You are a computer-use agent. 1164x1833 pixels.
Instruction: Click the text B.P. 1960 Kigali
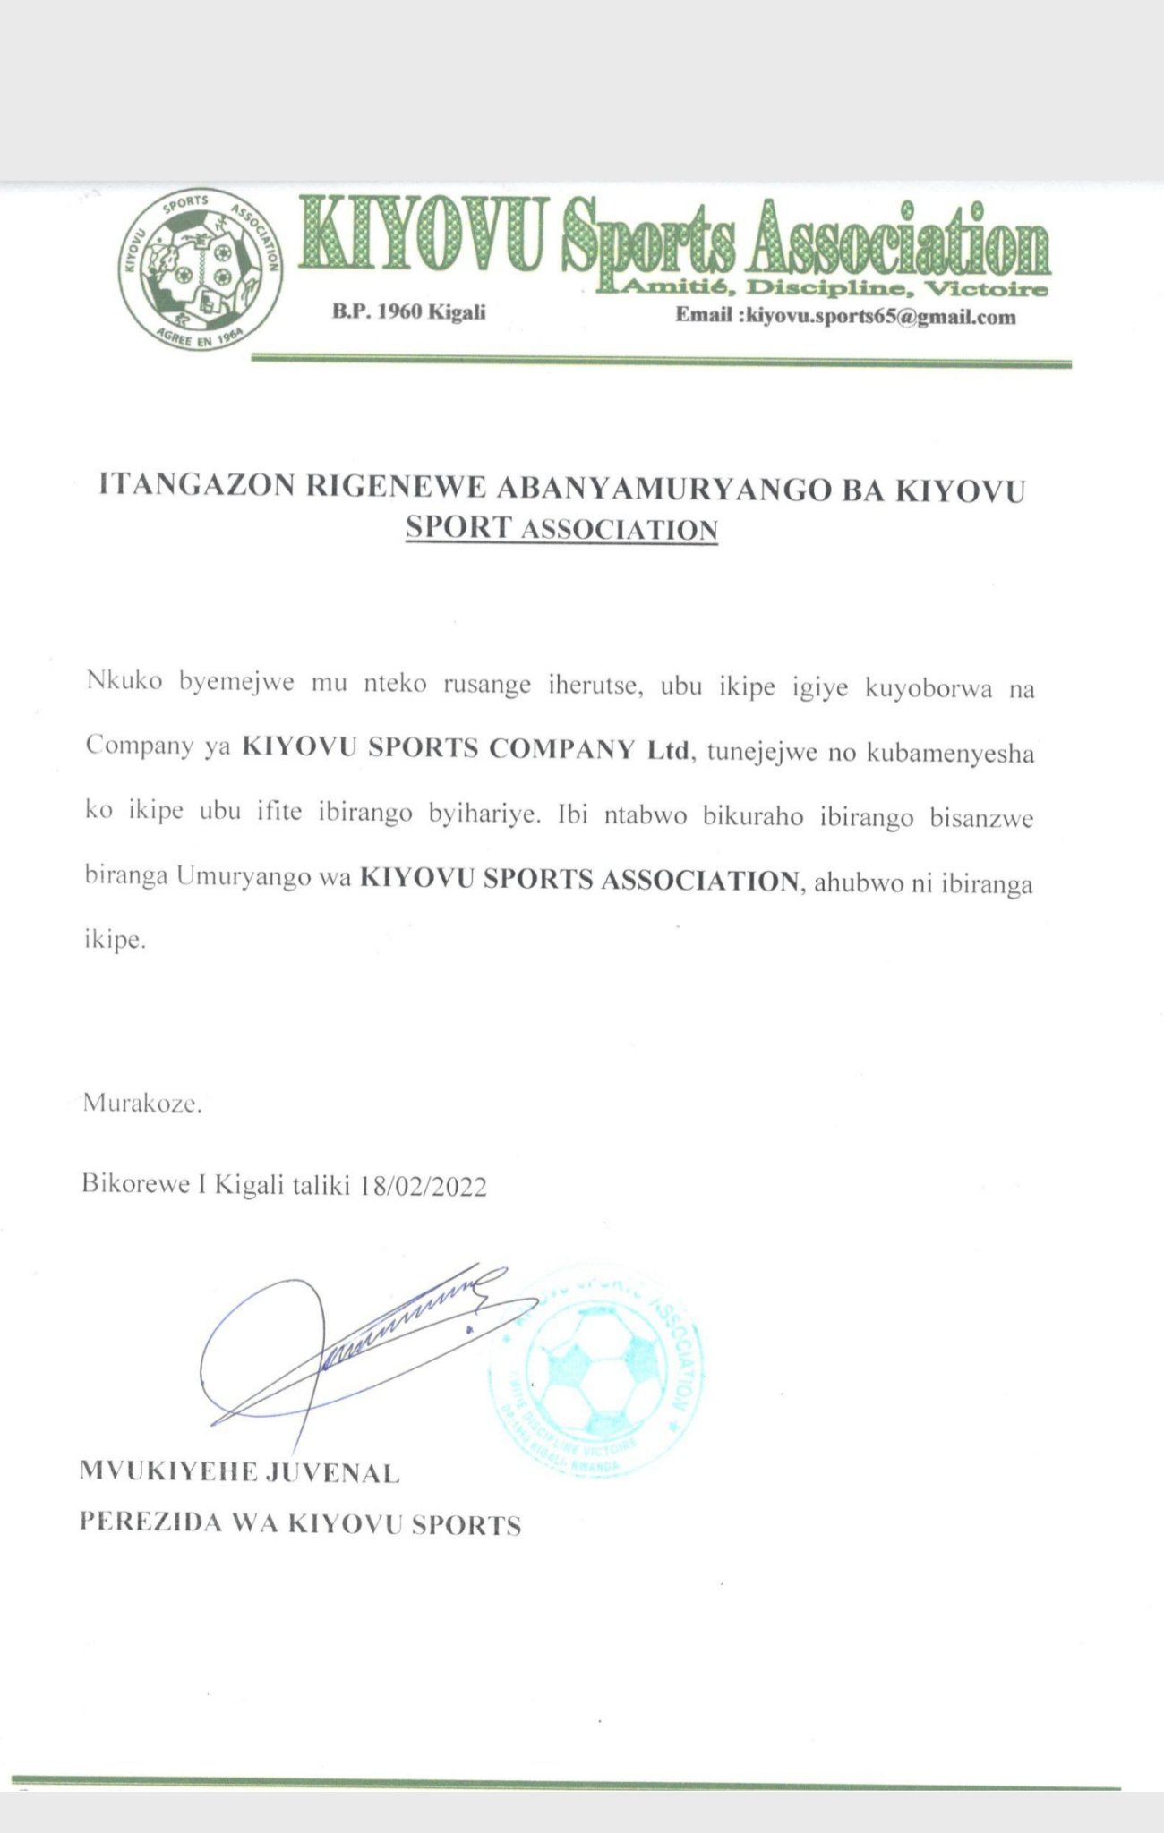409,312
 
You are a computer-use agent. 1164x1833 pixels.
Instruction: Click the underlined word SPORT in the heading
458,526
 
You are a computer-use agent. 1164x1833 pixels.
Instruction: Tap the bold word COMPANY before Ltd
562,748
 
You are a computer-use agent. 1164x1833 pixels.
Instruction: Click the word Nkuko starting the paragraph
124,682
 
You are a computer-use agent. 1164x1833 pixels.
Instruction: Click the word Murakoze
142,1103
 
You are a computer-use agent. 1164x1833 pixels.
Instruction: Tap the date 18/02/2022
423,1186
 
